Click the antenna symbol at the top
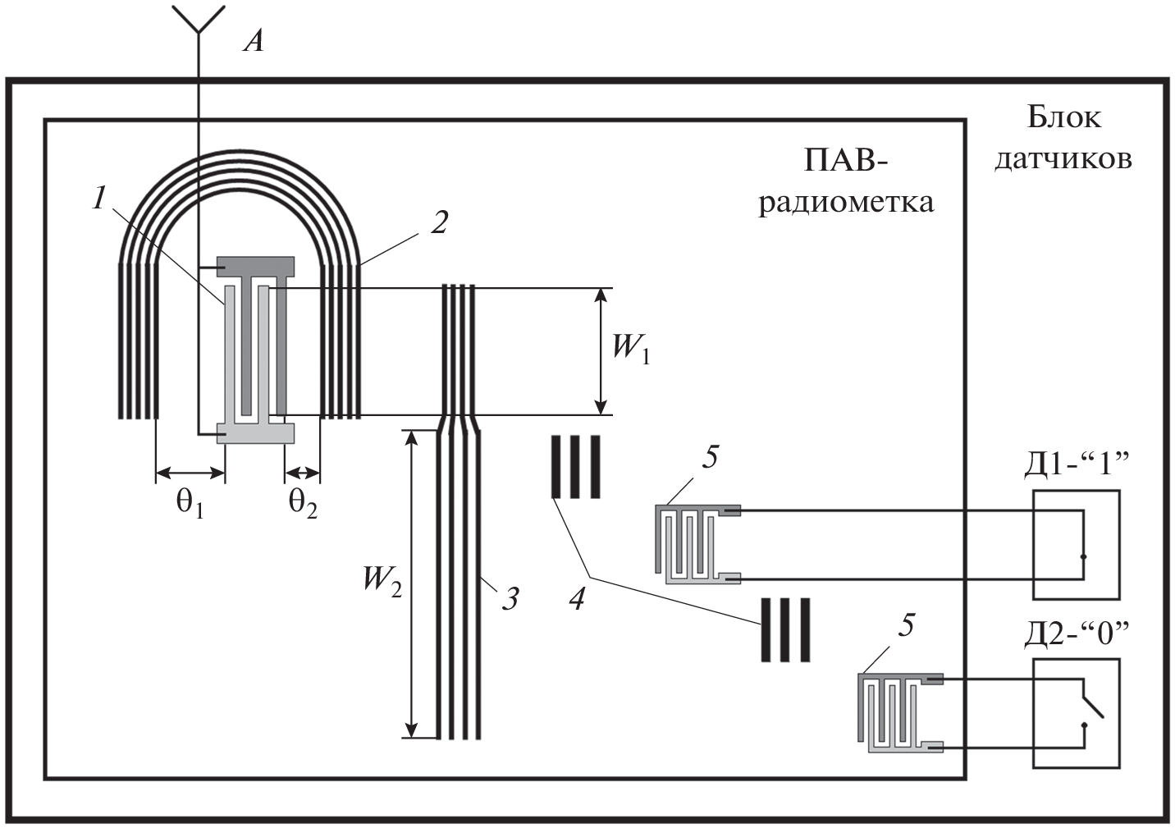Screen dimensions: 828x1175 pos(198,20)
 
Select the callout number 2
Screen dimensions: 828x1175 pos(440,222)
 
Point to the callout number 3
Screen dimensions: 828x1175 pos(510,598)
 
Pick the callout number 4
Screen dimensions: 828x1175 pos(578,598)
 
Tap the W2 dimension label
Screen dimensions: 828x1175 pos(382,580)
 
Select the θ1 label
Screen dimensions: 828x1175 pos(190,503)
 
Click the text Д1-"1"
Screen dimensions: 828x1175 pos(1076,465)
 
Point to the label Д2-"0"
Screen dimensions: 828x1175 pos(1076,634)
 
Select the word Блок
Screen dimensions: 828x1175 pos(1063,117)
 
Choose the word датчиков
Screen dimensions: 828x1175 pos(1063,158)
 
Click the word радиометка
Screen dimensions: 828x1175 pos(845,201)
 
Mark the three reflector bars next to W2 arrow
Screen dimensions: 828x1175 pos(575,467)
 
